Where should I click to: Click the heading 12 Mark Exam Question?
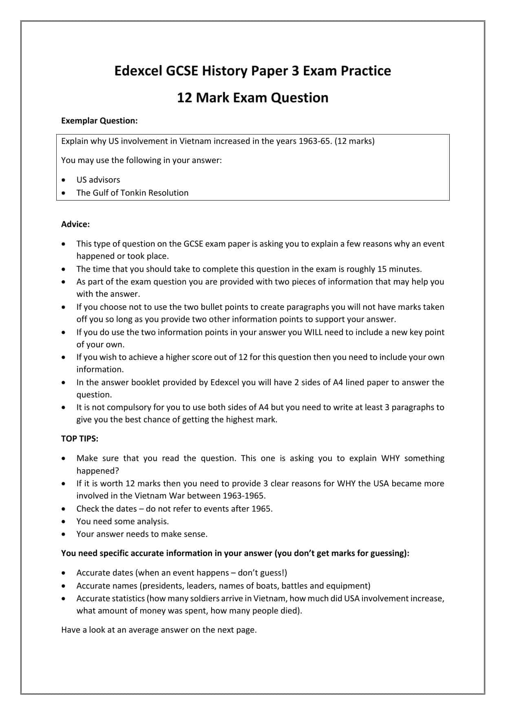252,98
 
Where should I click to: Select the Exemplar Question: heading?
99,121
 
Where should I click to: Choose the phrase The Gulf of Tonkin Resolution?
132,193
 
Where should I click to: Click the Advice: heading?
75,224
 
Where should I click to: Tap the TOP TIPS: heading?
80,439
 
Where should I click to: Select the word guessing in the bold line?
388,553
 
